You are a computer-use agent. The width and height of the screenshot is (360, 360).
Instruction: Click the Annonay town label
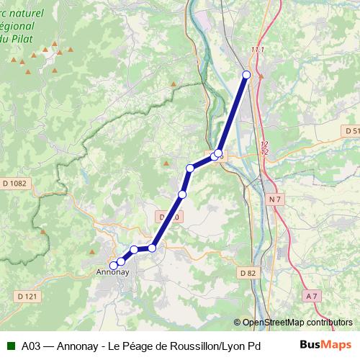(112, 274)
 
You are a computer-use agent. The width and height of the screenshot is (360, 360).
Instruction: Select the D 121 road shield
(27, 296)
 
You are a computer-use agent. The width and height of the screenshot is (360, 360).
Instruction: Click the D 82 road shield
(248, 273)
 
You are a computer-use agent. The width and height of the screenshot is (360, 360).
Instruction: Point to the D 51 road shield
(351, 131)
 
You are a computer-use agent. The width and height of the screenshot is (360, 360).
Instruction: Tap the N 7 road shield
(274, 199)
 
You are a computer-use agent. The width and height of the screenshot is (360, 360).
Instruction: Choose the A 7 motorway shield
(311, 296)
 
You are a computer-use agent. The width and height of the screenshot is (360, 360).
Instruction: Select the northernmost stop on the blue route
(246, 75)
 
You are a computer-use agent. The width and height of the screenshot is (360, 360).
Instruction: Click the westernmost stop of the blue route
(113, 265)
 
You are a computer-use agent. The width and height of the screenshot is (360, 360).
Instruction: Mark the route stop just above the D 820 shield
(182, 194)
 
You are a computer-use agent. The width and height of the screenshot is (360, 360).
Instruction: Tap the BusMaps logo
(326, 346)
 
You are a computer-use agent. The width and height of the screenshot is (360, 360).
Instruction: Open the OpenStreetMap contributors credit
(293, 323)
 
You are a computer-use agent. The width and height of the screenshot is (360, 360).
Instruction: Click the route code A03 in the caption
(31, 346)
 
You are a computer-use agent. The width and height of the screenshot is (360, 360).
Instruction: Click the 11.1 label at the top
(258, 49)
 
